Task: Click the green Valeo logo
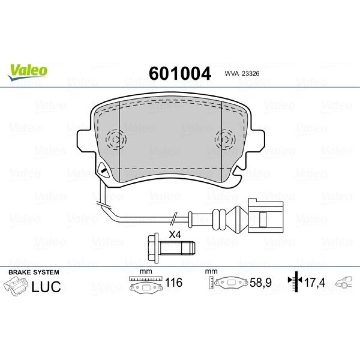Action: (28, 72)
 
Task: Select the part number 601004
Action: (180, 73)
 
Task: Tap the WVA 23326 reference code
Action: (242, 73)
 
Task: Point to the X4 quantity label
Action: (175, 235)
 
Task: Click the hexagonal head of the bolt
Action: (153, 248)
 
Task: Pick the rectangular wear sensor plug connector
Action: (265, 216)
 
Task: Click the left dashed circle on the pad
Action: (116, 139)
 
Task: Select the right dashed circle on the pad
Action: (225, 139)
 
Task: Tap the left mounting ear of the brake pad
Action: (85, 140)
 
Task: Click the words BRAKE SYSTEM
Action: (34, 272)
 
